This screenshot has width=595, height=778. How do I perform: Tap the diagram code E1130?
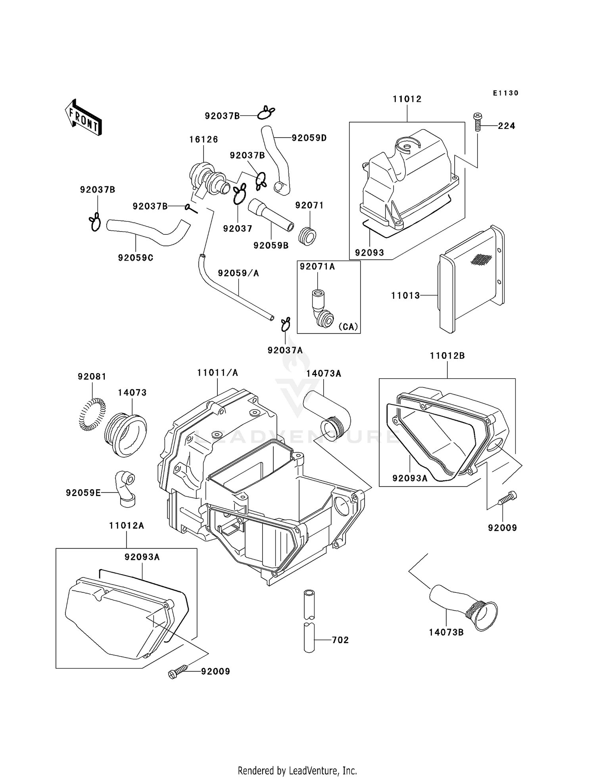click(505, 93)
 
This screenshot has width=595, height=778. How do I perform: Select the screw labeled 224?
click(478, 122)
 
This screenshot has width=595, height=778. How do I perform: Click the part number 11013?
click(405, 295)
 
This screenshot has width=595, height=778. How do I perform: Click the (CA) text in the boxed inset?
click(348, 327)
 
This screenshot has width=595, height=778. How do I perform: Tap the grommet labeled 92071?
click(309, 236)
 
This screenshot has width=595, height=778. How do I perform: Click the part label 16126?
click(203, 139)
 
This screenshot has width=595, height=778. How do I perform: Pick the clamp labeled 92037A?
click(286, 324)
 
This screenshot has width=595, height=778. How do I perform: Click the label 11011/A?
click(217, 373)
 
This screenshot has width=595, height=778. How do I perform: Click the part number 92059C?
click(135, 258)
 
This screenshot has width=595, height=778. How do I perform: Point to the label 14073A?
click(323, 374)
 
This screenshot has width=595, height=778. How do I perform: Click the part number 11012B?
click(447, 356)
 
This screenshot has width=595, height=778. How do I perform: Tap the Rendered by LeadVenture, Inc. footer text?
click(297, 770)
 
